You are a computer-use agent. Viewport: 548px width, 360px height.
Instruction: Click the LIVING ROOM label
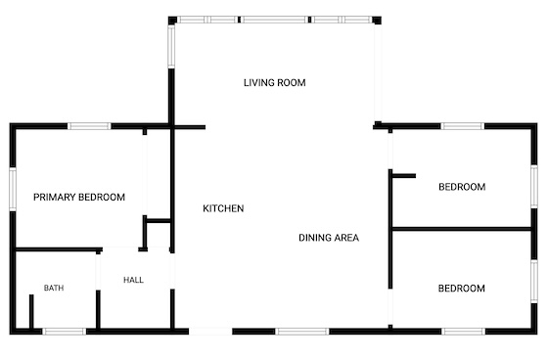(x=274, y=83)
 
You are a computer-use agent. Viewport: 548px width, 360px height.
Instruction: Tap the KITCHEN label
(x=223, y=208)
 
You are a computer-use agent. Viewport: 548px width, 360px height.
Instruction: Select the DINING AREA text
(x=329, y=238)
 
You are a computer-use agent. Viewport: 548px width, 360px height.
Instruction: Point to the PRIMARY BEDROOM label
(x=79, y=198)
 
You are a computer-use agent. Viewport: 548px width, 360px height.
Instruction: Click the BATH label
(x=54, y=288)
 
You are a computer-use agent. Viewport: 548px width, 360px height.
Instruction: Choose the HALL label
(x=133, y=280)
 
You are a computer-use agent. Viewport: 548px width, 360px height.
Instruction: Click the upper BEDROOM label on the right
(x=462, y=187)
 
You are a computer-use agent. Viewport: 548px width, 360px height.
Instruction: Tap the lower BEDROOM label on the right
(x=461, y=289)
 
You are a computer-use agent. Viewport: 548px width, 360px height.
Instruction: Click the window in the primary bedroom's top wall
(x=89, y=126)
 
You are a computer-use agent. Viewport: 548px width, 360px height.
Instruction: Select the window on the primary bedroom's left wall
(x=13, y=189)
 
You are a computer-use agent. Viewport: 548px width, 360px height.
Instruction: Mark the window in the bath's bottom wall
(x=65, y=332)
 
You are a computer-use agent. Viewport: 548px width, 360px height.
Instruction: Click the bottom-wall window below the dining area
(x=302, y=332)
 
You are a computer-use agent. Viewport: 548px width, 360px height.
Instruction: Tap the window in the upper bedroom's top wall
(x=462, y=126)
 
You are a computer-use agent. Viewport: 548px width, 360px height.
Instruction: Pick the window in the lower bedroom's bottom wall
(x=464, y=332)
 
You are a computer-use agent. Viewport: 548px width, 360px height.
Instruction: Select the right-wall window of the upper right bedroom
(x=534, y=186)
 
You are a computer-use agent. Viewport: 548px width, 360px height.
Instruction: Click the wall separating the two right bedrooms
(x=462, y=229)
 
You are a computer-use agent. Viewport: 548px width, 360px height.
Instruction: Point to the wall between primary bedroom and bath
(x=59, y=249)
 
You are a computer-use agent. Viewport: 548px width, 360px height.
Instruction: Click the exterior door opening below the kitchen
(x=210, y=332)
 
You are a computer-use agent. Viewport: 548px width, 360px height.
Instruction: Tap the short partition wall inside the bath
(x=31, y=312)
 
